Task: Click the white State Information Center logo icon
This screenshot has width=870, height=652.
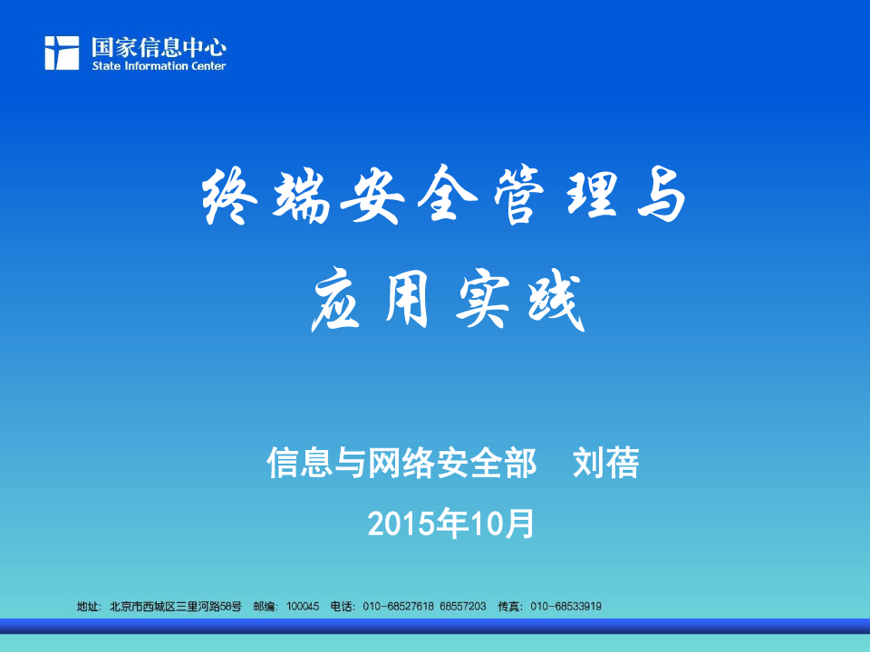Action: pos(62,53)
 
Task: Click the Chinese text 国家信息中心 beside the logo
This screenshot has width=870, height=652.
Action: pos(159,48)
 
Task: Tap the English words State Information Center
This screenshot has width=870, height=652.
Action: pos(159,66)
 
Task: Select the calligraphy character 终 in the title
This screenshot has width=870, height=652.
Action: pos(228,196)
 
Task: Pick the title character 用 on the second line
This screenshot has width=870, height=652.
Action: pos(407,300)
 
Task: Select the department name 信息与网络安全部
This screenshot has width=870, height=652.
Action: pos(401,463)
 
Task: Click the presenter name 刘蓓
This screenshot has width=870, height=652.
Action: pos(606,463)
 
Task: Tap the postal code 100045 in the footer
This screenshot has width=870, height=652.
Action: pos(303,607)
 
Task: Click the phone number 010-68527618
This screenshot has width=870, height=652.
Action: pos(399,607)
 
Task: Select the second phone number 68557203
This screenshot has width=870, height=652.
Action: pos(463,607)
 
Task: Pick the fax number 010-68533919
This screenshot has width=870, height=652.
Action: pos(565,607)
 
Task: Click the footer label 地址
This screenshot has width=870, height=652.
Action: pos(88,607)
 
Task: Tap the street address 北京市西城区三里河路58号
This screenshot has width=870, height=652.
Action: pos(176,607)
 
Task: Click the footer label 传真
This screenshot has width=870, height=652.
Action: pos(508,607)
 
